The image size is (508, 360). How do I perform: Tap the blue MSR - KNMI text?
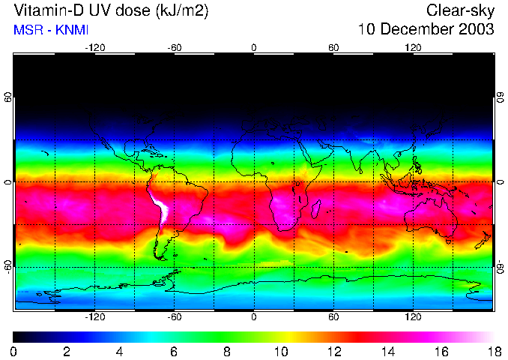click(x=49, y=31)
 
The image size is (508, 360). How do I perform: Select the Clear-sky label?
click(x=460, y=11)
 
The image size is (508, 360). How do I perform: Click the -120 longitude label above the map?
click(x=95, y=48)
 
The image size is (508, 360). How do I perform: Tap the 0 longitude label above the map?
click(x=254, y=48)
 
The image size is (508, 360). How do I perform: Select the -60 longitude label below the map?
click(x=175, y=316)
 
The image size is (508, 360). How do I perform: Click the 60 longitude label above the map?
click(x=333, y=48)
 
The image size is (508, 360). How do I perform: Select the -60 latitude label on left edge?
click(x=8, y=266)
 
